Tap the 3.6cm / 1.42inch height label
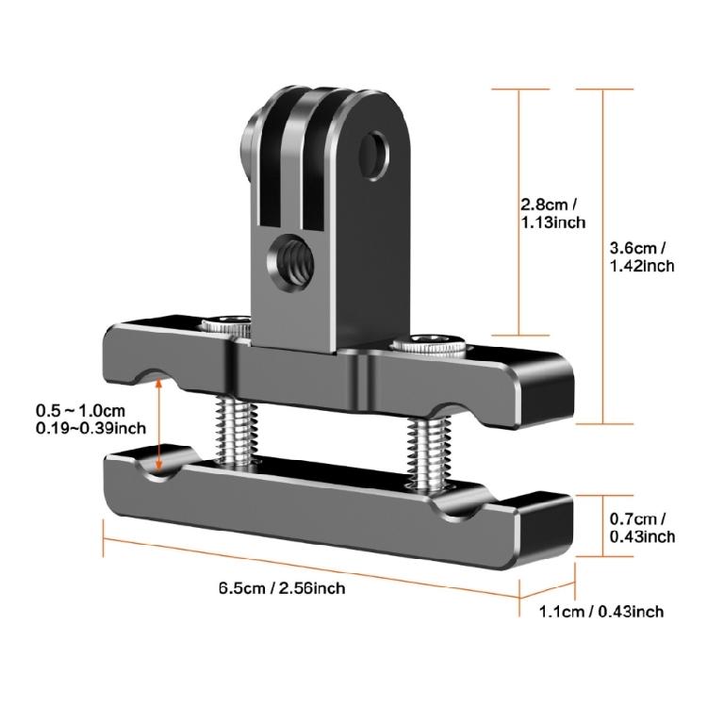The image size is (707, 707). tap(642, 256)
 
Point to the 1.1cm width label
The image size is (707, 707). tap(601, 612)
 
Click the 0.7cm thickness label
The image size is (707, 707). tap(640, 527)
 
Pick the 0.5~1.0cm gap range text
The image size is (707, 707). tap(79, 411)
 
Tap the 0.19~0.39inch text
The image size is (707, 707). tap(90, 428)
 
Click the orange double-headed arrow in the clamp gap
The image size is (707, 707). tap(161, 424)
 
